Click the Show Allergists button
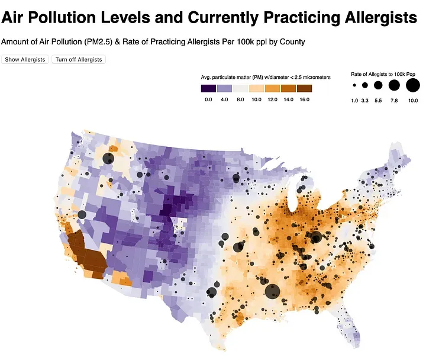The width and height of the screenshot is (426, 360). pyautogui.click(x=25, y=59)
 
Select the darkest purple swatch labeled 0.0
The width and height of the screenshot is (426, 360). pyautogui.click(x=208, y=88)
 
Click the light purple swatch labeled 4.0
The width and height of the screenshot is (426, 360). pyautogui.click(x=224, y=88)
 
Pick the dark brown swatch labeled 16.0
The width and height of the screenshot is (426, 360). pyautogui.click(x=304, y=88)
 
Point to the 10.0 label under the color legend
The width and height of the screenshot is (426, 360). pyautogui.click(x=257, y=99)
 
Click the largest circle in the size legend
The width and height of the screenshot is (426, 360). pyautogui.click(x=412, y=86)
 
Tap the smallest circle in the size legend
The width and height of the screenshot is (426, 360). pyautogui.click(x=354, y=86)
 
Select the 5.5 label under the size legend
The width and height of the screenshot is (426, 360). pyautogui.click(x=378, y=101)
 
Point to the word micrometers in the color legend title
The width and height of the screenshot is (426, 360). pyautogui.click(x=313, y=78)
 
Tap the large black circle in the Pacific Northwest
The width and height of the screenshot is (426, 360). pyautogui.click(x=108, y=158)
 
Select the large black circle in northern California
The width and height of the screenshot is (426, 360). pyautogui.click(x=82, y=214)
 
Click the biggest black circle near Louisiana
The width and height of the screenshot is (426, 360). pyautogui.click(x=272, y=291)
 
